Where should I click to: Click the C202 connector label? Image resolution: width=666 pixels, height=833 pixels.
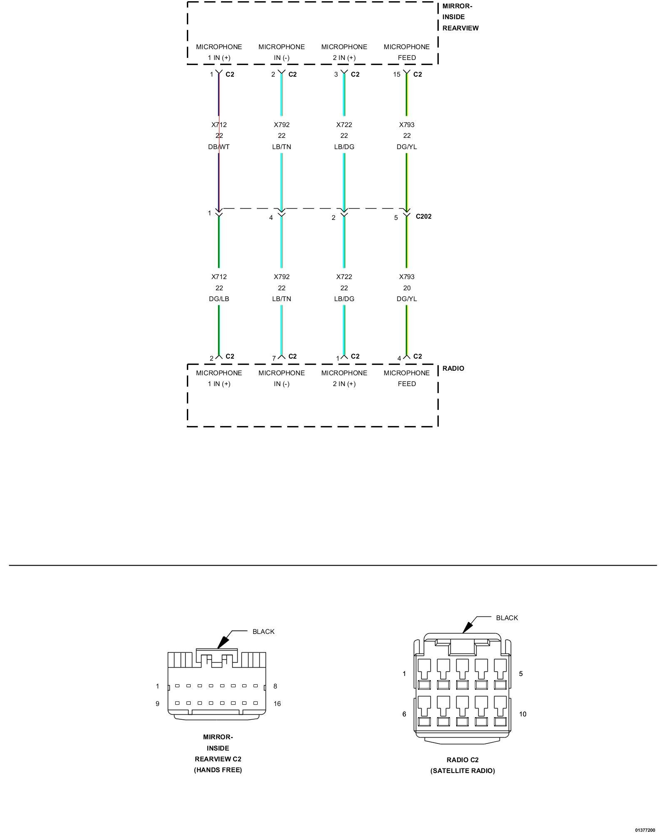(423, 216)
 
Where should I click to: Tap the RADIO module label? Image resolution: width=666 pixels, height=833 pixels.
(453, 368)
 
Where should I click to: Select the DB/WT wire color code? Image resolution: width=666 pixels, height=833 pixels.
(219, 147)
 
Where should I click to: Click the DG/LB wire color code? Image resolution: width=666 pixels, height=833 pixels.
(219, 299)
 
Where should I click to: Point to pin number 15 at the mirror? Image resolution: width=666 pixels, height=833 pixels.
(397, 75)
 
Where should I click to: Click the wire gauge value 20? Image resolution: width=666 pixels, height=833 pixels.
(407, 288)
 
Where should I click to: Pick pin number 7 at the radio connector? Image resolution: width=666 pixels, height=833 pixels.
(274, 358)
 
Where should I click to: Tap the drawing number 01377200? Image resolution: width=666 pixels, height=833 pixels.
(645, 830)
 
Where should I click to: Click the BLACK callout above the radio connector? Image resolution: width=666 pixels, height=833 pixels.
(507, 618)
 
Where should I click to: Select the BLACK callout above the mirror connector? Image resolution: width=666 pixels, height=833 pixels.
(263, 631)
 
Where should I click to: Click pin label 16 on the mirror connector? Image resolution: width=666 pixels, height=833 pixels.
(277, 703)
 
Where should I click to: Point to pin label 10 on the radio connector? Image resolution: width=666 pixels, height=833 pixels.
(523, 714)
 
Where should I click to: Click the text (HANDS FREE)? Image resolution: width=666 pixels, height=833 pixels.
(218, 770)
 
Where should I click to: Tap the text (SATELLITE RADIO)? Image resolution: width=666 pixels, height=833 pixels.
(462, 771)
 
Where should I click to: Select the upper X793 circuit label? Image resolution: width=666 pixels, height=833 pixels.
(407, 125)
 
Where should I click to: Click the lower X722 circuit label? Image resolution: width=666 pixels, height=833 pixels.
(344, 277)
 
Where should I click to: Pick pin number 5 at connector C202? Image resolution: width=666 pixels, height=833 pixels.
(396, 217)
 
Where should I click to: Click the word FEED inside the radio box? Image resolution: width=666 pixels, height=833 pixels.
(407, 384)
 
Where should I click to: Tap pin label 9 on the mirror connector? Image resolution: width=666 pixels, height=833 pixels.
(157, 703)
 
